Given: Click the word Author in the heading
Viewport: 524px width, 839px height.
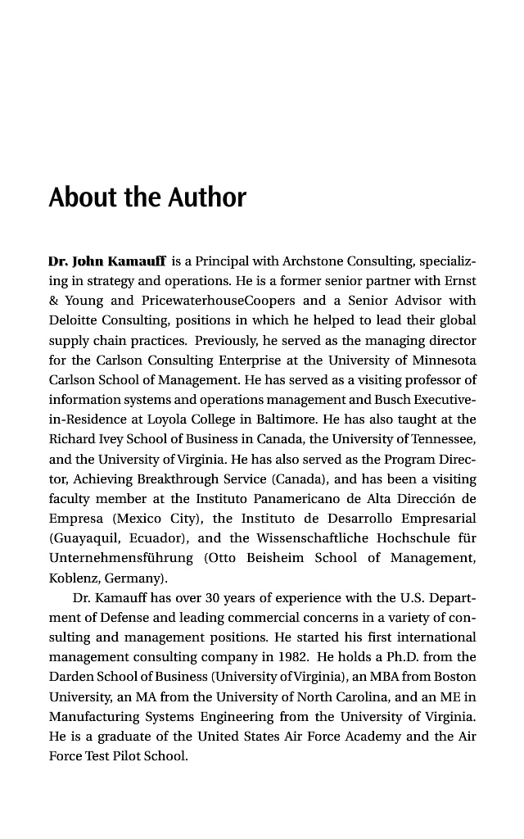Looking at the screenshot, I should [207, 197].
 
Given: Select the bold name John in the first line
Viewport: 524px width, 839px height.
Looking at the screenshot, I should [88, 262].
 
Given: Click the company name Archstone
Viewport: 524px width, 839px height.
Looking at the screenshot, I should [312, 262].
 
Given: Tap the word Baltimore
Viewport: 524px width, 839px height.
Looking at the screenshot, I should [290, 419].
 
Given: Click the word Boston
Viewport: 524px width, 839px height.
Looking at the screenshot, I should [454, 676].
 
